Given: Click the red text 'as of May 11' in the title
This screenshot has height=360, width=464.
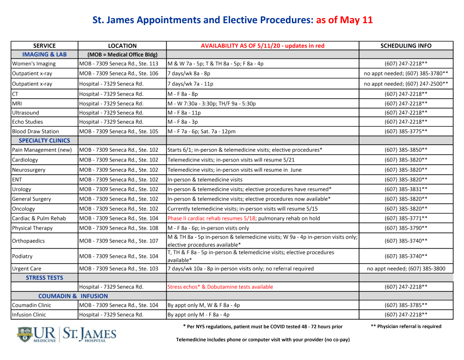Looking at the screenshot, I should click(x=344, y=20).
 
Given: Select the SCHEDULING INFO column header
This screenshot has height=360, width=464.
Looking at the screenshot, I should click(x=406, y=45).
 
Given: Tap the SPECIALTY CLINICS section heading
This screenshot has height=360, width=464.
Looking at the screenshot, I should click(x=45, y=140).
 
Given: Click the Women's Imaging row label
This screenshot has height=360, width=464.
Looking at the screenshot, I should click(x=33, y=64).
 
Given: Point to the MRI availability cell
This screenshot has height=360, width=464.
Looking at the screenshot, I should click(x=212, y=103).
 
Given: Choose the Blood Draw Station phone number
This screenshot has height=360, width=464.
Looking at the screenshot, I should click(x=406, y=131).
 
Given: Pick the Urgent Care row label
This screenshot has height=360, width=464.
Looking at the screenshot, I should click(x=26, y=268).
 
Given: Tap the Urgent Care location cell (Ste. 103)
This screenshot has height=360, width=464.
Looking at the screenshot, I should click(x=119, y=268).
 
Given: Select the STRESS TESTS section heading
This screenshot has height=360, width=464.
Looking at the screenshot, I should click(x=45, y=277).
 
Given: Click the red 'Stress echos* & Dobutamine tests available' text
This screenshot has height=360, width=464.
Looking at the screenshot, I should click(x=220, y=287).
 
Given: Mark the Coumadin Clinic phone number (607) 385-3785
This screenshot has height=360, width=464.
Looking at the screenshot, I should click(x=406, y=305).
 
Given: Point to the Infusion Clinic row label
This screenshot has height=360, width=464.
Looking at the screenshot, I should click(x=29, y=315).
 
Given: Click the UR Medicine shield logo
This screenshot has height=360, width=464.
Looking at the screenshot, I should click(x=25, y=334).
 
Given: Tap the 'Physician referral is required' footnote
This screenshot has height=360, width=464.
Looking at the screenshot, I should click(x=406, y=326).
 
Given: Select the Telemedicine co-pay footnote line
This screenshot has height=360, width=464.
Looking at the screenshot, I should click(x=263, y=340).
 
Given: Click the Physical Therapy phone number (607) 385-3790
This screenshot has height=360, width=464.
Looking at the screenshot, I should click(x=406, y=228).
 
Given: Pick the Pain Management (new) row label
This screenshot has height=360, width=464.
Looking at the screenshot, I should click(x=42, y=150).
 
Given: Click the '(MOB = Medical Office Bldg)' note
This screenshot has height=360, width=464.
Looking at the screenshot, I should click(x=122, y=54).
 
